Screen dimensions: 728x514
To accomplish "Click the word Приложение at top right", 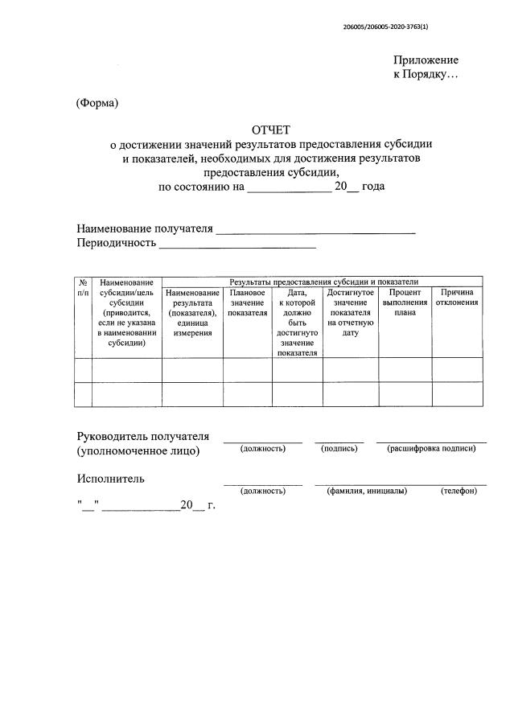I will click(x=426, y=60).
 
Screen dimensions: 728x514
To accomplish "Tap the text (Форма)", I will click(x=97, y=103).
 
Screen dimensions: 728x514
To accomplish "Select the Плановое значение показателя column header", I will click(x=247, y=303).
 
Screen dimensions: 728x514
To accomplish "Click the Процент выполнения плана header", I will click(x=405, y=303).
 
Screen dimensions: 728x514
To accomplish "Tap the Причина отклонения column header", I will click(x=458, y=298).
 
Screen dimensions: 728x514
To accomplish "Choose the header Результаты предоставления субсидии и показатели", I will click(x=324, y=282).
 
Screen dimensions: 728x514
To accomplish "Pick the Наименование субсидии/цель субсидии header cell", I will click(x=126, y=313).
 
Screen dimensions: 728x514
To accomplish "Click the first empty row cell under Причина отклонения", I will click(x=458, y=370).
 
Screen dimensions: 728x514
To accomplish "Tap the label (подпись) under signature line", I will click(x=339, y=449).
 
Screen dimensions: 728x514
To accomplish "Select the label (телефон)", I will click(x=458, y=491).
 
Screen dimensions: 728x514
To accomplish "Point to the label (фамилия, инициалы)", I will click(x=367, y=491).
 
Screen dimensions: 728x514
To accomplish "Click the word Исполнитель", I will click(x=111, y=479).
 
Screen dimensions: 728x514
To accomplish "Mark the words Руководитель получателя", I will click(x=143, y=436).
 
